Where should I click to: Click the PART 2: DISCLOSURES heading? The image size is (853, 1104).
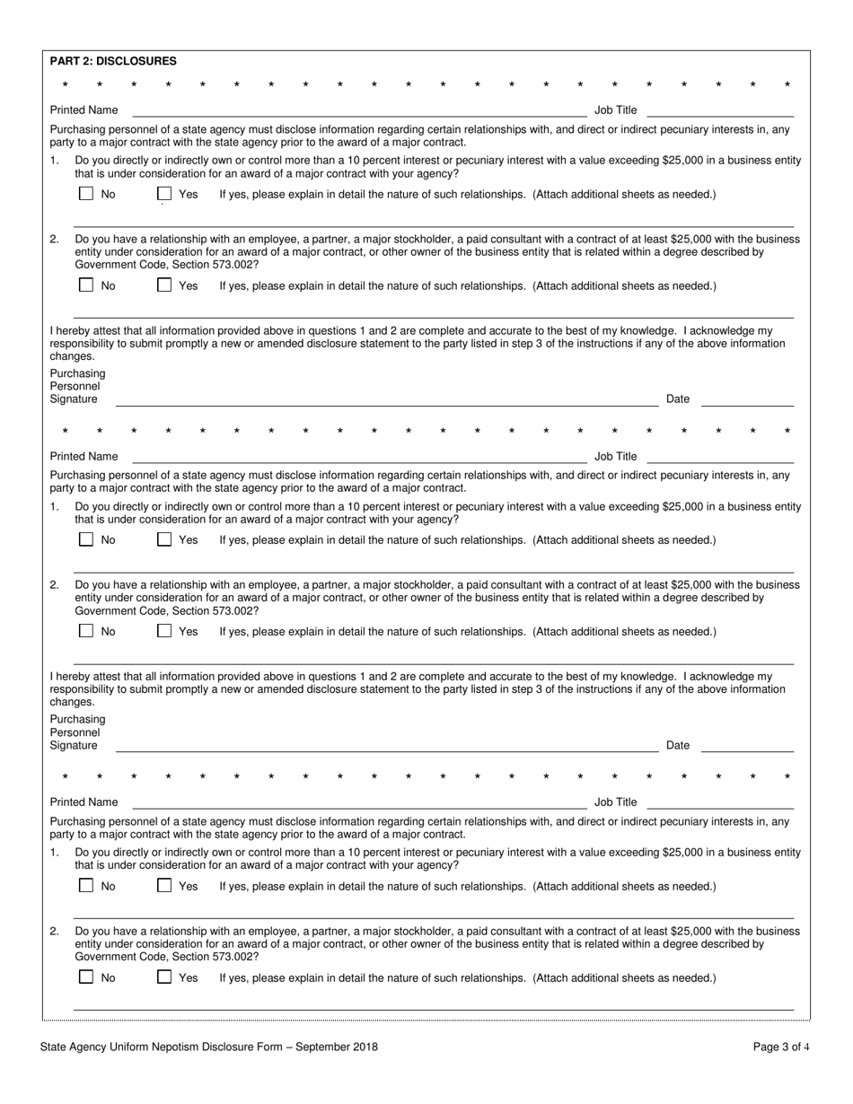point(113,61)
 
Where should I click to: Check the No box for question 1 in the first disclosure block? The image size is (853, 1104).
point(86,194)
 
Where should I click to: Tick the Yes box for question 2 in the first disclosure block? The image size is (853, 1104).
point(164,285)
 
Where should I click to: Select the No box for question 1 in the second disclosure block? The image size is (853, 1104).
point(86,539)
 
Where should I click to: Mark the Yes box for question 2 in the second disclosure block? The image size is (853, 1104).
point(164,631)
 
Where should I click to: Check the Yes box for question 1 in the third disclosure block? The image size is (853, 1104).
point(164,886)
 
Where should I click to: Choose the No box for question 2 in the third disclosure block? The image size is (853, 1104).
point(86,977)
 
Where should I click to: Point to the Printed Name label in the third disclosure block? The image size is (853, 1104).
point(84,802)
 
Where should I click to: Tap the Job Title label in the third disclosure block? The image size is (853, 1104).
point(615,802)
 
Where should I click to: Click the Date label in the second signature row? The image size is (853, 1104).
point(678,745)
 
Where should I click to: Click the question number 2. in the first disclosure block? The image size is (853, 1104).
point(55,240)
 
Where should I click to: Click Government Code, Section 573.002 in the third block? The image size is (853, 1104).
point(165,957)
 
